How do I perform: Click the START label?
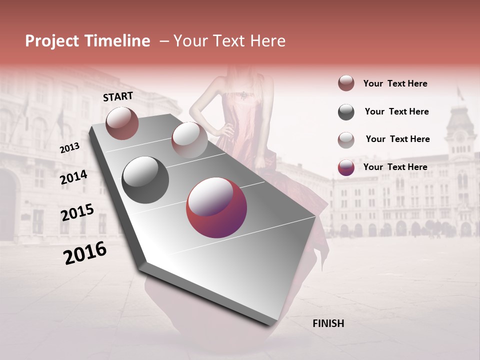coord(118,96)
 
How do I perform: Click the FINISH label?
coord(328,323)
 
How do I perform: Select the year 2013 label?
coord(69,148)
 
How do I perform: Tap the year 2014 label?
coord(73,177)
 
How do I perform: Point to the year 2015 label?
coord(77,213)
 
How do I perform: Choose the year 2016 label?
coord(85,253)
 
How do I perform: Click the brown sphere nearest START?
coord(122,123)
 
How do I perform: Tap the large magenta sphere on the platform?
coord(216,207)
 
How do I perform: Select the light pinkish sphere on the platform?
coord(189,140)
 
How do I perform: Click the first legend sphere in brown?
coord(346,83)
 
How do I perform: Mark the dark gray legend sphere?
coord(346,112)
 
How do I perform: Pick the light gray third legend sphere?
coord(346,140)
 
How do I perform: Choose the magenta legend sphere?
coord(346,167)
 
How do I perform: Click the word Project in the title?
coord(52,41)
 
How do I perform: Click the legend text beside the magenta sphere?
coord(395,167)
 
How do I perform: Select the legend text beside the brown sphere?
coord(395,83)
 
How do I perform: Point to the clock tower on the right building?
coord(460,125)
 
